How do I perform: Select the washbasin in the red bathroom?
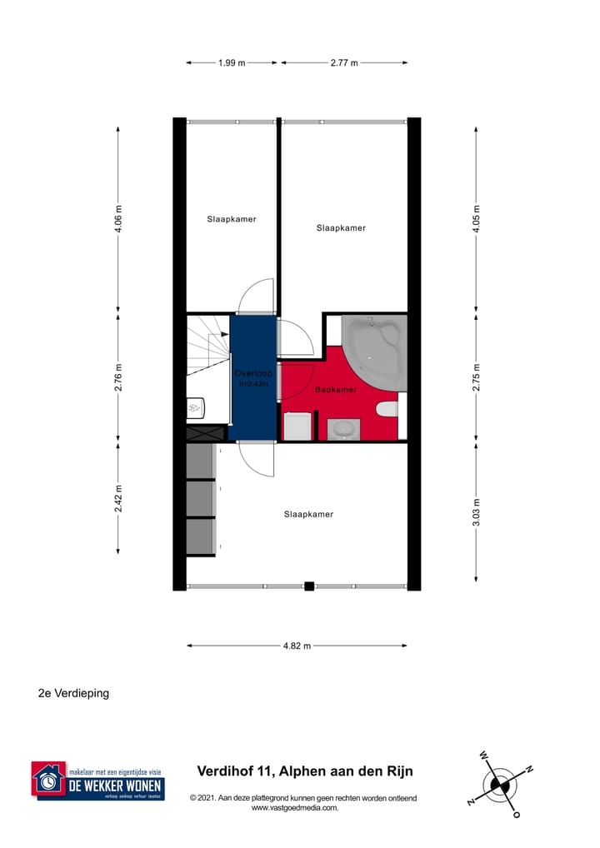pos(342,428)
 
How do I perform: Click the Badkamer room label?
pos(336,389)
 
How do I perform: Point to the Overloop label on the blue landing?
pos(252,373)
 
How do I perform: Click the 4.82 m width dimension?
pos(297,646)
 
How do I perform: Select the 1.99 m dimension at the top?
pos(232,62)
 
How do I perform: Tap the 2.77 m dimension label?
pos(344,62)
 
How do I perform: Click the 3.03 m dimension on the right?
pos(477,511)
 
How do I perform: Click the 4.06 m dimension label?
pos(118,219)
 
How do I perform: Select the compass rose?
pos(500,784)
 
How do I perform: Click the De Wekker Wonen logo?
pos(97,781)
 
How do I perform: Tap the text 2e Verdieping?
pos(73,693)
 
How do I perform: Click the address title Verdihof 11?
pos(304,771)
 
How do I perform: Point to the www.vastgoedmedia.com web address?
pos(294,807)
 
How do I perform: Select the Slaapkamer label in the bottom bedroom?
pos(308,514)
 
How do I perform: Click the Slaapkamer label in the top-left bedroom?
pos(232,219)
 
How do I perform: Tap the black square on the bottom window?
pos(309,586)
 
